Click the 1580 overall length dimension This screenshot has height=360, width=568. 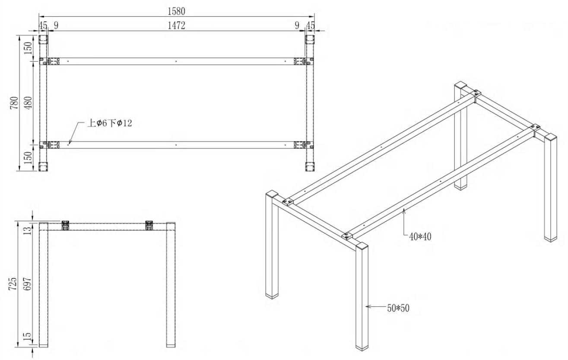(177, 11)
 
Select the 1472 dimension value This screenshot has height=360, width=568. (177, 25)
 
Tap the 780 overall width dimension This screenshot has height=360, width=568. (14, 103)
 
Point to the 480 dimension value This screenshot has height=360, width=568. (29, 103)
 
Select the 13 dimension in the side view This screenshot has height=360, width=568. (28, 231)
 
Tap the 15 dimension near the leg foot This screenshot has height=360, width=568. (28, 336)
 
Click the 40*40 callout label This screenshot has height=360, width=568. (420, 237)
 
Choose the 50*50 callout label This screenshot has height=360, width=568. (398, 308)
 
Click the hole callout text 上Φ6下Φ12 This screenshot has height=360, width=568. (110, 123)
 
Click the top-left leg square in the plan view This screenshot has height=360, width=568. (43, 40)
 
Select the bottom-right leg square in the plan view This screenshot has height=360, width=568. (310, 167)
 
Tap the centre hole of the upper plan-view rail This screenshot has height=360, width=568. (176, 61)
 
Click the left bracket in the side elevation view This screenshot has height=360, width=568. (66, 225)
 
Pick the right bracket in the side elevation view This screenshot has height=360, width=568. (149, 225)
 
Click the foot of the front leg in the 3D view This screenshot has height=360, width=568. (362, 348)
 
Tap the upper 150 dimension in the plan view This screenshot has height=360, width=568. (29, 48)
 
